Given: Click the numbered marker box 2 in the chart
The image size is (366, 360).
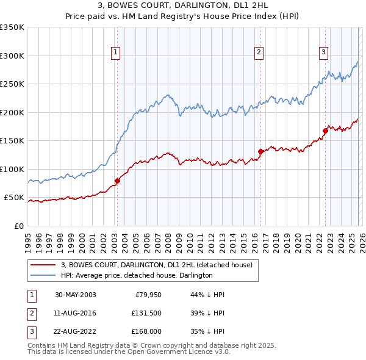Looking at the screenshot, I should coord(259,52).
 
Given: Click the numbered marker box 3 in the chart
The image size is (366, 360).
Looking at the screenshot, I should coord(324,52).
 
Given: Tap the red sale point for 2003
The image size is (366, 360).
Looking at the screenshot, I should coord(117,181).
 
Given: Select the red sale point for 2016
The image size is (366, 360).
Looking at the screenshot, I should coord(260,151).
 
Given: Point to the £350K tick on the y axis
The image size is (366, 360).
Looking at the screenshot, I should coord(12,27).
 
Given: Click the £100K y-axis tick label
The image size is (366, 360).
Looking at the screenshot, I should coord(12,169).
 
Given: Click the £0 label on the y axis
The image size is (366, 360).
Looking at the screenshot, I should coord(18,226).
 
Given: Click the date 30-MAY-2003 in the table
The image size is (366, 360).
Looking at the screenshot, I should coord(75,295).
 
